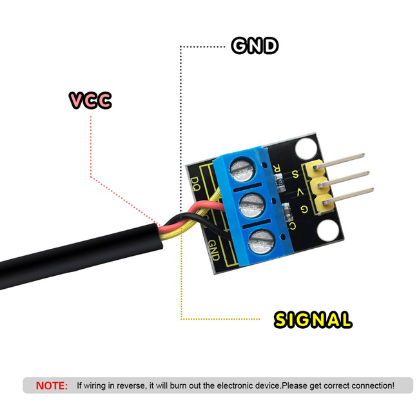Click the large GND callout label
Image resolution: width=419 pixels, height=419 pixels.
(255, 46)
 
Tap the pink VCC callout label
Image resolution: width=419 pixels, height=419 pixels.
(90, 100)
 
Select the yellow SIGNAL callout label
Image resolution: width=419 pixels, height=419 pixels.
(313, 320)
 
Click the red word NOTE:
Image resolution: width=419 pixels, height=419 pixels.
(52, 385)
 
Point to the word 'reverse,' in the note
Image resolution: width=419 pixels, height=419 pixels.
(132, 385)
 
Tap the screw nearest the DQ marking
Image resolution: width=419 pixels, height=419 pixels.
(242, 170)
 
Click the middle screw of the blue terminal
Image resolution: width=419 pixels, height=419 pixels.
(251, 206)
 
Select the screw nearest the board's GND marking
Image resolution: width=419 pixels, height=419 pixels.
(261, 242)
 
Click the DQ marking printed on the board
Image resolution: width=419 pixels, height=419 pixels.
(196, 184)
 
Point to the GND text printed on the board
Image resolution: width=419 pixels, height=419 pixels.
(214, 250)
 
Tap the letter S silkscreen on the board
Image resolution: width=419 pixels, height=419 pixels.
(295, 174)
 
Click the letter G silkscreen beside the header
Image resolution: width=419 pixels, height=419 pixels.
(304, 209)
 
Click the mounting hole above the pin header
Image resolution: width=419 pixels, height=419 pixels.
(305, 149)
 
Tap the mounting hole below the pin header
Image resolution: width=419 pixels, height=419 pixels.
(327, 230)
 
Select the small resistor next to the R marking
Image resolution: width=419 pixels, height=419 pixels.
(280, 182)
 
